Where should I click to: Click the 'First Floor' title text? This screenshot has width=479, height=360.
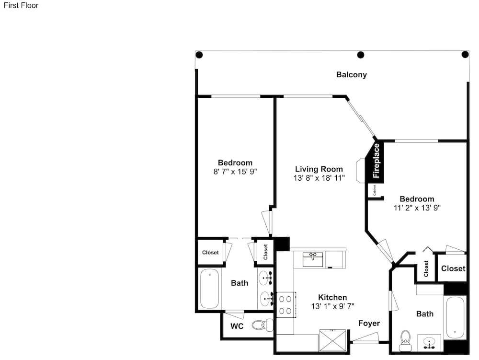click(x=21, y=5)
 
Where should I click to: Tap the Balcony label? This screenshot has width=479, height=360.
click(x=351, y=75)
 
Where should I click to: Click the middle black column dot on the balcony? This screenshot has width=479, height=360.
click(x=361, y=55)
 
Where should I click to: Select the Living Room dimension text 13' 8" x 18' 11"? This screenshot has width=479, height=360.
click(x=319, y=178)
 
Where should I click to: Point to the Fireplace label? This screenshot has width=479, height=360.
click(x=376, y=161)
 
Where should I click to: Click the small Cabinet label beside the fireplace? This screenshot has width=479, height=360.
click(x=374, y=190)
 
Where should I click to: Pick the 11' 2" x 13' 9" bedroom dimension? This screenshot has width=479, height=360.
click(x=417, y=208)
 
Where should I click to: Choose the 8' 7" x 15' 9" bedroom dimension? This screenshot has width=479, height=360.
click(x=235, y=172)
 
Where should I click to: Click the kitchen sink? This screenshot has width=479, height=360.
click(x=313, y=259)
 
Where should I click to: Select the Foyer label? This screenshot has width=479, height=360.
click(x=369, y=323)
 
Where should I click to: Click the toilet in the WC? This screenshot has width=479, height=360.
click(x=262, y=325)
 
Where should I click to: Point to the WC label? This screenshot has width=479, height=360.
click(x=237, y=326)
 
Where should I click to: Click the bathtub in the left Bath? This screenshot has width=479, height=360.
click(x=210, y=289)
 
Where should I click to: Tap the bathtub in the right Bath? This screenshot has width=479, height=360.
click(x=455, y=317)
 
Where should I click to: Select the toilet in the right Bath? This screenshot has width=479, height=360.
click(x=406, y=340)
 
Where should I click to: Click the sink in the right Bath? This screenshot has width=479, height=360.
click(x=430, y=343)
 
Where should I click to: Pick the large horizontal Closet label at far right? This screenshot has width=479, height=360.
click(x=453, y=268)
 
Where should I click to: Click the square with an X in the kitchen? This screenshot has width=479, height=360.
click(x=332, y=340)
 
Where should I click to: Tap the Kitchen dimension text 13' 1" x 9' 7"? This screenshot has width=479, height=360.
click(x=333, y=306)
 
